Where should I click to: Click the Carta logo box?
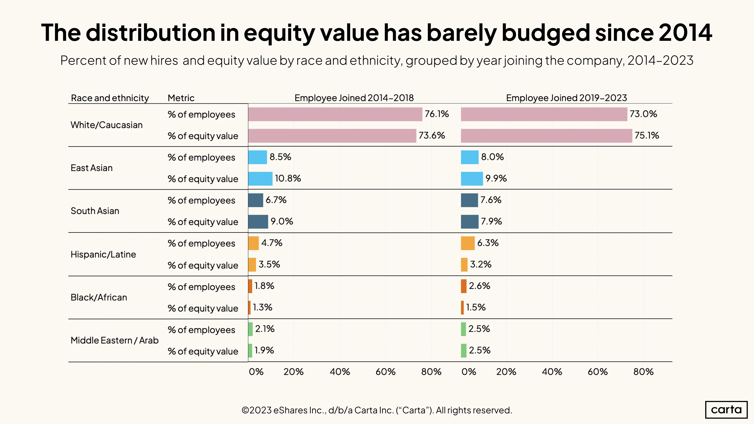coord(726,409)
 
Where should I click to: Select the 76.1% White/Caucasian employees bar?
coord(335,114)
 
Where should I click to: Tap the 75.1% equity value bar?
coord(546,136)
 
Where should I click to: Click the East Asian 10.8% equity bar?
coord(260,179)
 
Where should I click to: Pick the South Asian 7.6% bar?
coord(469,200)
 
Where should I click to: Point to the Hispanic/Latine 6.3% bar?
coord(468,243)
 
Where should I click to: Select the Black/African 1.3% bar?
coord(249,308)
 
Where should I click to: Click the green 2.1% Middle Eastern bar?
coord(250,329)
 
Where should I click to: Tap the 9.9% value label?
coord(496,178)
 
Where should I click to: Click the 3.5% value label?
coord(269,264)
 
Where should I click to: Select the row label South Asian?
coord(95,211)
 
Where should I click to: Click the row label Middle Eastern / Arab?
coord(114,340)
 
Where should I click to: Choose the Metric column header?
coord(181,98)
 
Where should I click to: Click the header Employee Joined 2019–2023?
coord(566,98)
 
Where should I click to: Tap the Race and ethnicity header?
coord(110,98)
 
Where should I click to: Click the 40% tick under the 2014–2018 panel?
coord(340,372)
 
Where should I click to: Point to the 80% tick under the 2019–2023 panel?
coord(643,372)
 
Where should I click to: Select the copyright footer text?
coord(377,410)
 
